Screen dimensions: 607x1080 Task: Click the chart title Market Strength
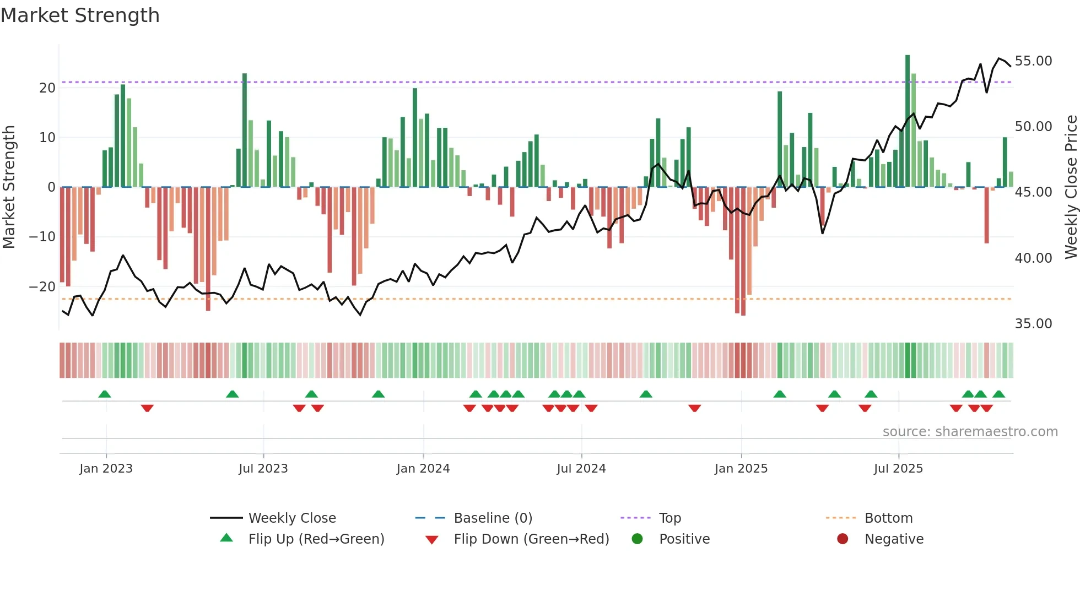coord(80,15)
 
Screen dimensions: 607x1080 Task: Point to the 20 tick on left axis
coord(47,88)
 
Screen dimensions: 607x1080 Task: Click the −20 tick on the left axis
coord(43,287)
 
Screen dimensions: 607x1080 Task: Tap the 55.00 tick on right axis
coord(1033,61)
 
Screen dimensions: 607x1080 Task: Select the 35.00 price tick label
coord(1033,324)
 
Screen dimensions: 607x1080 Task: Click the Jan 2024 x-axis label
coord(423,469)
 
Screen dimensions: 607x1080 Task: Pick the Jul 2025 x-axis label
coord(898,469)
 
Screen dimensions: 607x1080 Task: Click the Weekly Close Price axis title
coord(1071,187)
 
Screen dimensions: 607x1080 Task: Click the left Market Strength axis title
coord(9,187)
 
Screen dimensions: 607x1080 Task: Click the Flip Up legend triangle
coord(226,538)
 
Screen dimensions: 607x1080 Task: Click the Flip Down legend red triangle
coord(432,540)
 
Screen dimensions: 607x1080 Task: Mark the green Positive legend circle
coord(637,539)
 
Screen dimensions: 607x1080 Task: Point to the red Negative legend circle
coord(843,539)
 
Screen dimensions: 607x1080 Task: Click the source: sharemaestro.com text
coord(970,432)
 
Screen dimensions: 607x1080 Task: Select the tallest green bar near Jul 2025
coord(908,121)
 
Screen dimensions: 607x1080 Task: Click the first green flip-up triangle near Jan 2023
coord(105,394)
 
